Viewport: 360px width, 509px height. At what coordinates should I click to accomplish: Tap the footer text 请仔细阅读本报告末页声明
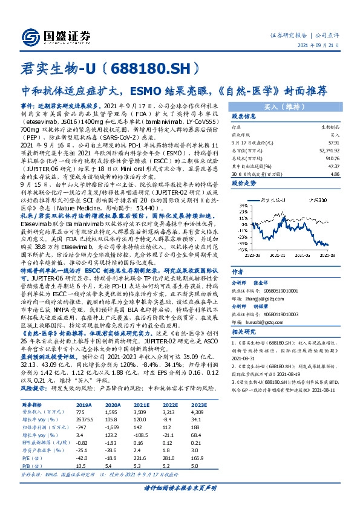179,487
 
